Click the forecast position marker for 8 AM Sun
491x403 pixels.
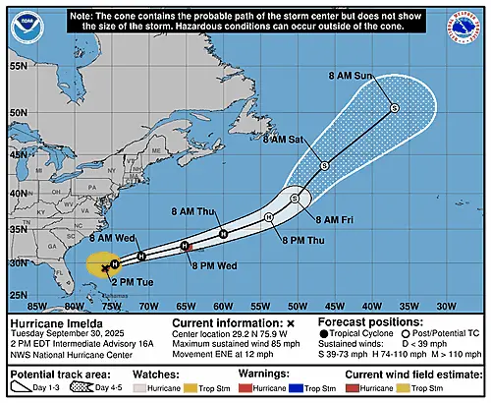click(393, 108)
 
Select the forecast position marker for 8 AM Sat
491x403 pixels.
click(324, 166)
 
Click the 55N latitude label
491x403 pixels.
click(17, 66)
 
